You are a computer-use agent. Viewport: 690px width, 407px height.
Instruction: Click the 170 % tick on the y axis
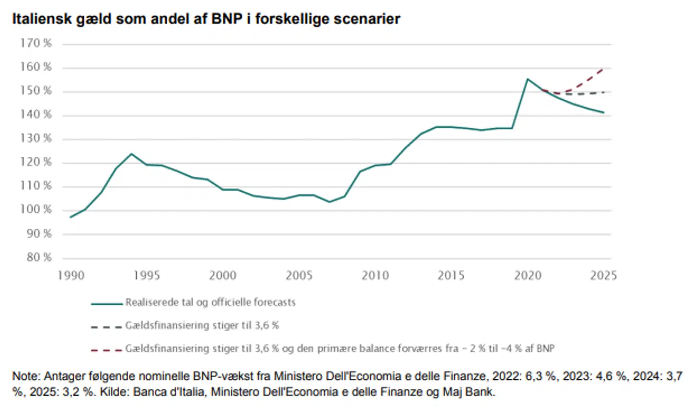pos(35,43)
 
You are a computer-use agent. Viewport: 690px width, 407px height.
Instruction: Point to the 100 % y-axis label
pos(35,209)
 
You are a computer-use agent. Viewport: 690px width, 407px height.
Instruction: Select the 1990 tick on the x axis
pos(71,275)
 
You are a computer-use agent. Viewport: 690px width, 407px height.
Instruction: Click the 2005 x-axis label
pos(299,275)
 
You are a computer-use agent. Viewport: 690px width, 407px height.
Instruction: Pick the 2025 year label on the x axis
pos(603,275)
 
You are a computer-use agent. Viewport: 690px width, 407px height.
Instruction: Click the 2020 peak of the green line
pos(527,79)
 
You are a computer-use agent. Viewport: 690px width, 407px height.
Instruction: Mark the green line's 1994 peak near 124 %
pos(131,154)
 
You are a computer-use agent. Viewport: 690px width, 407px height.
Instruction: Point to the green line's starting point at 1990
pos(70,217)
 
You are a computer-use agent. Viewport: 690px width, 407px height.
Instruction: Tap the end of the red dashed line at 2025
pos(603,69)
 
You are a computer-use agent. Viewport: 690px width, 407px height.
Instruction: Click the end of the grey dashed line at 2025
pos(603,92)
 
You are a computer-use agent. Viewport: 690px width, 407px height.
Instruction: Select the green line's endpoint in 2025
pos(603,113)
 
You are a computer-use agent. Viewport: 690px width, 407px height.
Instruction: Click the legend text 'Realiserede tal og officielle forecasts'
pos(210,302)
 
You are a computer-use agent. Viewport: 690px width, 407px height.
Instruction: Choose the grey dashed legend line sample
pos(106,327)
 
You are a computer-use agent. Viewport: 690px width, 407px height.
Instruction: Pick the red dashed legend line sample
pos(106,350)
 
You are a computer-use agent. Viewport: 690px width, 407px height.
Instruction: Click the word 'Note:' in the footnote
pos(26,376)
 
